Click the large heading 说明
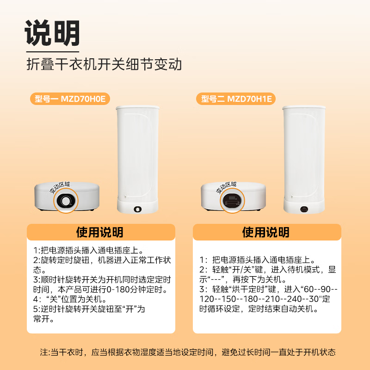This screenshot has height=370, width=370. (x=52, y=33)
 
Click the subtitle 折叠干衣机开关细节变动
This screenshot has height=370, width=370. (x=104, y=64)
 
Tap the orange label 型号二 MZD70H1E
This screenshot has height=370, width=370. (x=236, y=98)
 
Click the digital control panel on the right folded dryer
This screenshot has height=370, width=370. (x=231, y=202)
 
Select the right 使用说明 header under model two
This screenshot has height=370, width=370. (x=266, y=232)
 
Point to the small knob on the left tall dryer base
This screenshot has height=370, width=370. (x=137, y=210)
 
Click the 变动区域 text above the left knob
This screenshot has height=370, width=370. (x=60, y=187)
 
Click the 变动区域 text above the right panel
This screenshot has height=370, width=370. (x=227, y=187)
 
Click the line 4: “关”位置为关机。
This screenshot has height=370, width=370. (x=70, y=299)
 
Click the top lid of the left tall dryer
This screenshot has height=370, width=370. (x=137, y=108)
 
